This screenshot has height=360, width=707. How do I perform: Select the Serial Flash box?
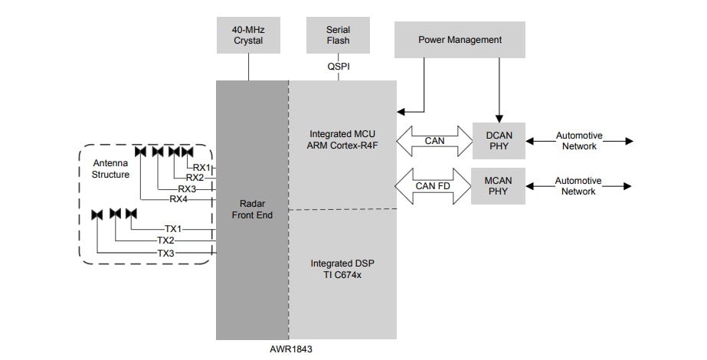pyautogui.click(x=338, y=35)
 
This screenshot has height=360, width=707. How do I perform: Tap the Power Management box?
pyautogui.click(x=460, y=40)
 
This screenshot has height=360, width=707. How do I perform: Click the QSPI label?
pyautogui.click(x=338, y=67)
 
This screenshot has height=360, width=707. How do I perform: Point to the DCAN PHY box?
pyautogui.click(x=498, y=141)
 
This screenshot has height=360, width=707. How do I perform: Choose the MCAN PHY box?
pyautogui.click(x=498, y=186)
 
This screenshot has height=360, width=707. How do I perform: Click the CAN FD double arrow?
pyautogui.click(x=434, y=186)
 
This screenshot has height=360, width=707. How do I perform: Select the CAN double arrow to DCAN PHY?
pyautogui.click(x=434, y=141)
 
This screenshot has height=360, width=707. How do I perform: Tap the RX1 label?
pyautogui.click(x=201, y=167)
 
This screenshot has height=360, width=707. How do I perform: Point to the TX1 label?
pyautogui.click(x=173, y=229)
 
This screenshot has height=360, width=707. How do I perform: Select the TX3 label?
pyautogui.click(x=166, y=253)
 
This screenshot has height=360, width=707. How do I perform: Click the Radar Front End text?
pyautogui.click(x=252, y=210)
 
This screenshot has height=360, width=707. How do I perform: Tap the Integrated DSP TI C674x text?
pyautogui.click(x=342, y=269)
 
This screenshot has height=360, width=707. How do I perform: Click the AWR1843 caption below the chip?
pyautogui.click(x=291, y=349)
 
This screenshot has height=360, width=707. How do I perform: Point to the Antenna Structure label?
pyautogui.click(x=111, y=169)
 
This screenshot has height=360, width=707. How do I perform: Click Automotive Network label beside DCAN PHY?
pyautogui.click(x=578, y=141)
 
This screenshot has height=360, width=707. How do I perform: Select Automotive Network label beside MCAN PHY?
pyautogui.click(x=578, y=186)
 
